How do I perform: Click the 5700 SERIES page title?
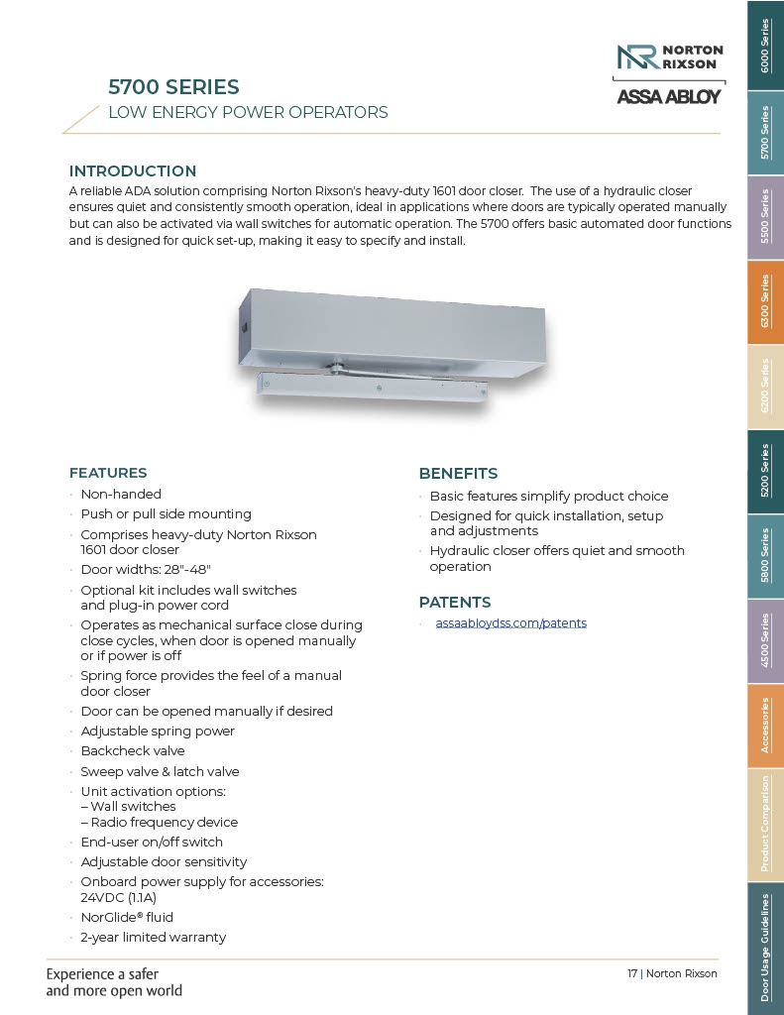pos(173,87)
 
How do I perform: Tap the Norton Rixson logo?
pos(670,57)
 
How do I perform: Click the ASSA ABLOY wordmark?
pos(669,97)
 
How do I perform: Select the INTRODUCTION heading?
pos(133,171)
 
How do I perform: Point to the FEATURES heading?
pos(108,473)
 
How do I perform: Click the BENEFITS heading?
pos(458,474)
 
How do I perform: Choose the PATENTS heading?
pos(455,603)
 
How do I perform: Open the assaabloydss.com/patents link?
pos(510,623)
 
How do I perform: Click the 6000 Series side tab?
pos(764,46)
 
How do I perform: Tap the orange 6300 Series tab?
pos(764,302)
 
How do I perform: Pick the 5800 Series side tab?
pos(764,556)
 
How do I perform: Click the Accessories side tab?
pos(764,726)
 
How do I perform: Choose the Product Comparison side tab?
pos(764,824)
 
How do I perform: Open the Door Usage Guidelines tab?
pos(764,947)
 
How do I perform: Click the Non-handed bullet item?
pos(121,494)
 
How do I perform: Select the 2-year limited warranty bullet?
pos(153,938)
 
